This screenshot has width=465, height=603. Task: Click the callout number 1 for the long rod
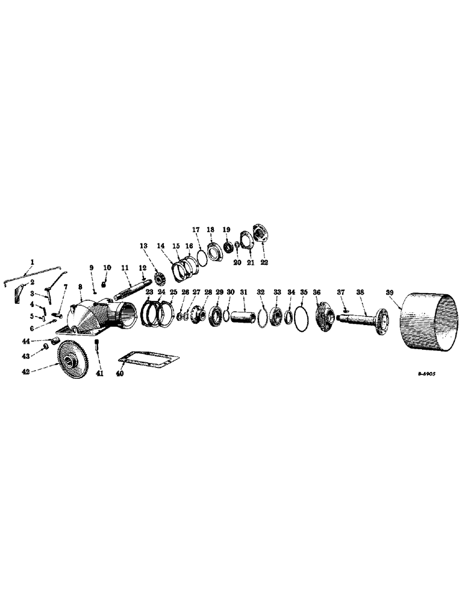(x=33, y=262)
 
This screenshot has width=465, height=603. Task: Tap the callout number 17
(x=196, y=230)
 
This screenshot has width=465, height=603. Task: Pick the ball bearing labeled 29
(x=216, y=317)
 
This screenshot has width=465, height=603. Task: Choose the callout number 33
(x=277, y=292)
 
